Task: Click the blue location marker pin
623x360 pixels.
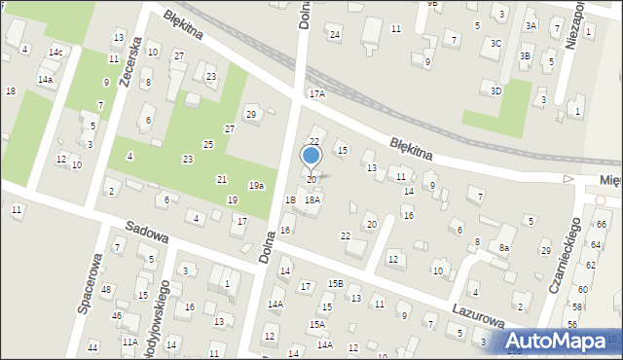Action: pyautogui.click(x=311, y=157)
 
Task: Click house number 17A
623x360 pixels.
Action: pyautogui.click(x=316, y=94)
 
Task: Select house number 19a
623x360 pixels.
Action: pyautogui.click(x=256, y=186)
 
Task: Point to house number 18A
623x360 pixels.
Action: pyautogui.click(x=312, y=199)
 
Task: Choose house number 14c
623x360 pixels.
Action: pyautogui.click(x=55, y=52)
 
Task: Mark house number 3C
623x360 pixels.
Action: pyautogui.click(x=495, y=43)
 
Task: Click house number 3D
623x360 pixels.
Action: pyautogui.click(x=495, y=90)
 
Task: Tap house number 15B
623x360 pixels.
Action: pyautogui.click(x=335, y=283)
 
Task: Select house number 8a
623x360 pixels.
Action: pyautogui.click(x=504, y=248)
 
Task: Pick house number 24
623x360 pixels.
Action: pyautogui.click(x=335, y=35)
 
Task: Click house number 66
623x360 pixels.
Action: pyautogui.click(x=602, y=225)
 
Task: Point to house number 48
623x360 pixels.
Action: pyautogui.click(x=105, y=290)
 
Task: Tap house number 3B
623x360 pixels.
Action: pyautogui.click(x=525, y=56)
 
